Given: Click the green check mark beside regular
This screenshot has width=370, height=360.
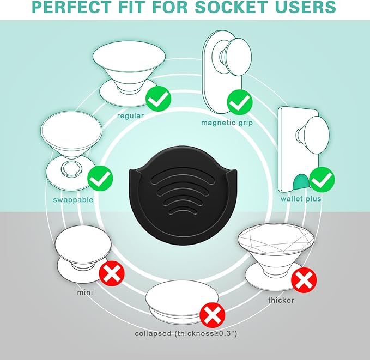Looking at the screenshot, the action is click(158, 99).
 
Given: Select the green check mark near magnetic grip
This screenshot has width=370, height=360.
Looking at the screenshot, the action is click(240, 102).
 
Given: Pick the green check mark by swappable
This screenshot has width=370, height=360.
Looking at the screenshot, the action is click(100, 178).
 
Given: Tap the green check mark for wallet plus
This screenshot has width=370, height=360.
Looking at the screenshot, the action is click(322, 179).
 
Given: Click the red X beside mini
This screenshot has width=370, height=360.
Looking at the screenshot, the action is click(112, 273).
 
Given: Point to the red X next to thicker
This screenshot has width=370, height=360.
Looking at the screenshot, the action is click(304, 280).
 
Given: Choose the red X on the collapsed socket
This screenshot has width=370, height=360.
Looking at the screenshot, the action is click(213, 315).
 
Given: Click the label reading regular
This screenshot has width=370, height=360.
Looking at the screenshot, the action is click(130, 116).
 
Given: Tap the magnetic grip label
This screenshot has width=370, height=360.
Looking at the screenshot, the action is click(227, 123).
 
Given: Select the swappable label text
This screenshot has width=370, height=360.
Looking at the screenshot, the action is click(73, 200).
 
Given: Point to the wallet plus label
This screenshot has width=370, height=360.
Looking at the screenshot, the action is click(301, 199).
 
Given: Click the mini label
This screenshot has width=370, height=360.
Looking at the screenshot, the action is click(85, 292).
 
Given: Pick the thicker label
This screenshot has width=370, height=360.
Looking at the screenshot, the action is click(281, 300).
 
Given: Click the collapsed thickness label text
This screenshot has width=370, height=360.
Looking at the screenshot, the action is click(186, 333).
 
